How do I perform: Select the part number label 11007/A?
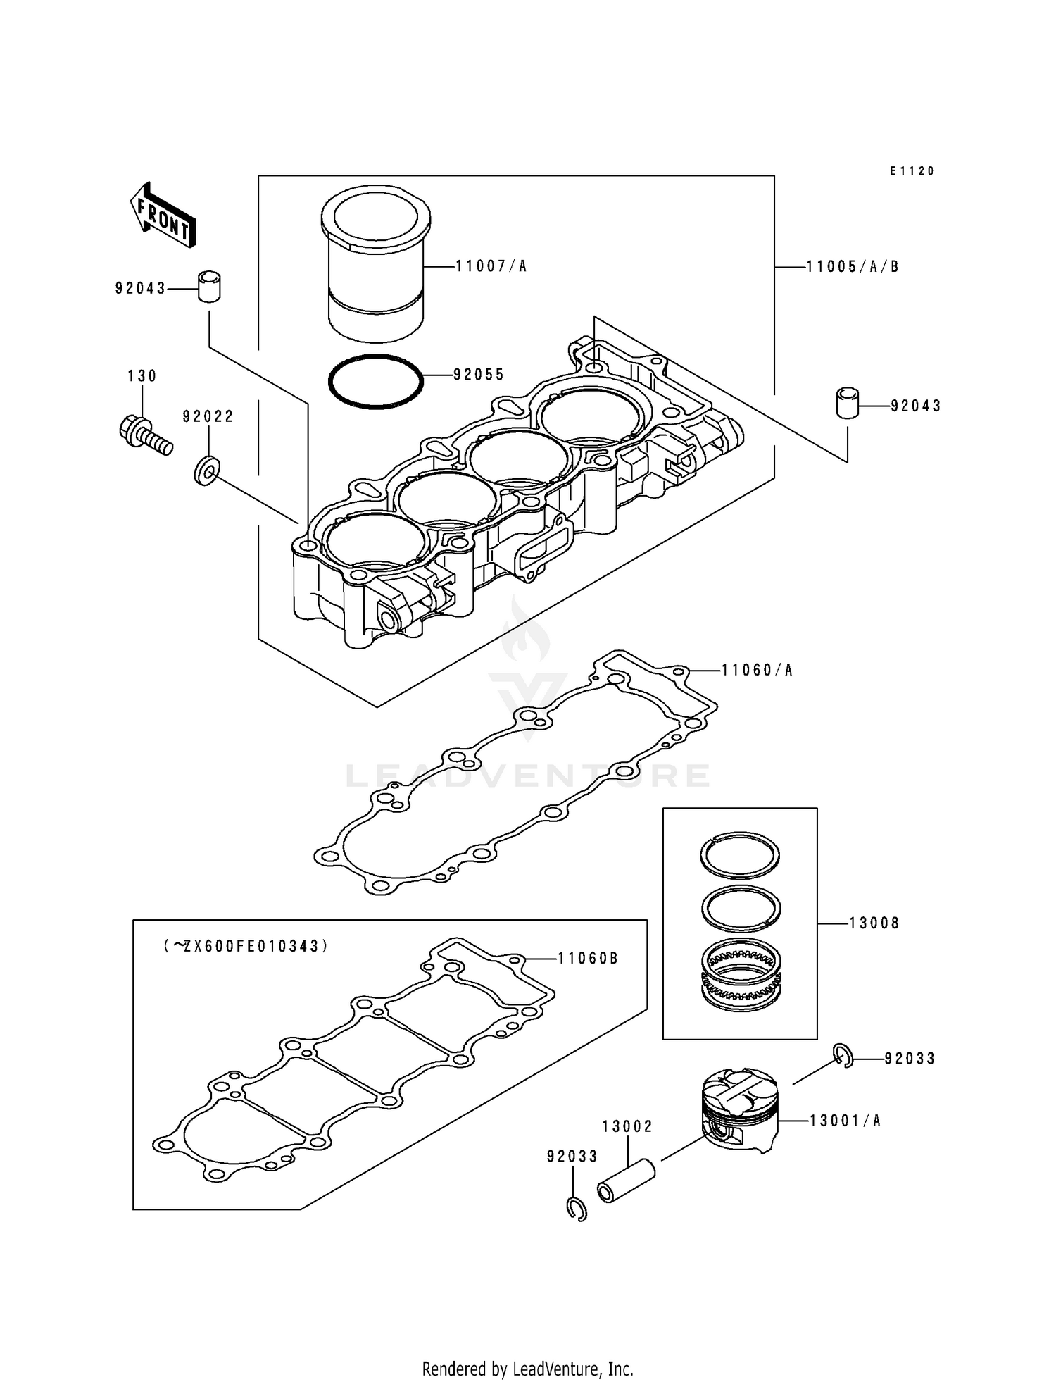coord(491,266)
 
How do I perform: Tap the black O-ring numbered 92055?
coord(376,381)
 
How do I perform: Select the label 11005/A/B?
coord(853,267)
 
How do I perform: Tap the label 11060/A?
coord(758,670)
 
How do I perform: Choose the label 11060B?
coord(588,958)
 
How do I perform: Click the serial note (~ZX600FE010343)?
coord(246,946)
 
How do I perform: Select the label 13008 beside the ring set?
coord(874,923)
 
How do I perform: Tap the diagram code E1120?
coord(912,171)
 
